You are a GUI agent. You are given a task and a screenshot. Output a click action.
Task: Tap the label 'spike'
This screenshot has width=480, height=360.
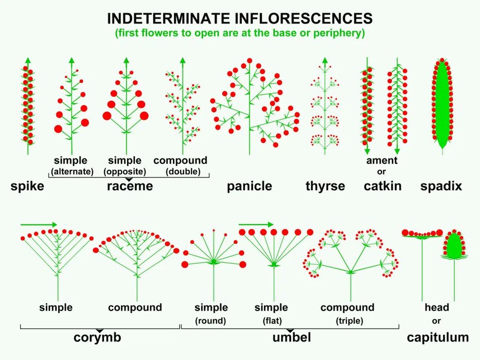click(x=27, y=186)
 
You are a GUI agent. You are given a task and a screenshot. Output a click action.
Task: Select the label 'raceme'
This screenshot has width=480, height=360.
click(x=130, y=186)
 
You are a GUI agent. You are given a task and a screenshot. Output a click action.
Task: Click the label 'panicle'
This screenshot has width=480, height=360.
click(x=250, y=186)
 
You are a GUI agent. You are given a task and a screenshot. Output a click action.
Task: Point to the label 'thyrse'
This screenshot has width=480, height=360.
click(x=325, y=186)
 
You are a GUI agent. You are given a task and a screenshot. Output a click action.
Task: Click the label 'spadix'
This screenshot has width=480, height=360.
click(x=441, y=186)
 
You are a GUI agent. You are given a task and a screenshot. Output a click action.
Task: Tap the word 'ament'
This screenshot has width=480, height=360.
click(x=382, y=160)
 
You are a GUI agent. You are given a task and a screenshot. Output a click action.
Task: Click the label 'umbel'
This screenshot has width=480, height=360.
click(x=292, y=338)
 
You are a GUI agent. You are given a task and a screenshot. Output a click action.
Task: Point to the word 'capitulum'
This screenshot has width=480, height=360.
click(x=438, y=338)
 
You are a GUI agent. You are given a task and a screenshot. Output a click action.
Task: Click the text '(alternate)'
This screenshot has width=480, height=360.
click(x=72, y=172)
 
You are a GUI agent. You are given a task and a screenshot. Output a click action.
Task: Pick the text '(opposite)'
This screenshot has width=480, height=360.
click(x=125, y=172)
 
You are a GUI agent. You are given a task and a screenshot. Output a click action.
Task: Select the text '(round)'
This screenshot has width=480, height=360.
click(x=211, y=321)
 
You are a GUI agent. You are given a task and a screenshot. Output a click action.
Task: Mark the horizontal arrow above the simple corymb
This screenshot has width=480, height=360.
click(x=39, y=225)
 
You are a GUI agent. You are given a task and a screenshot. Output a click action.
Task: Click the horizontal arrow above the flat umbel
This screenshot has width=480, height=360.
click(x=256, y=225)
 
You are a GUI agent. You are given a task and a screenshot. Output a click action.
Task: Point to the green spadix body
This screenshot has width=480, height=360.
click(x=441, y=108)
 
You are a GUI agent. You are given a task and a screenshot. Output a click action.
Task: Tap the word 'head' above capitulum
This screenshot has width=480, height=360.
click(x=437, y=308)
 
